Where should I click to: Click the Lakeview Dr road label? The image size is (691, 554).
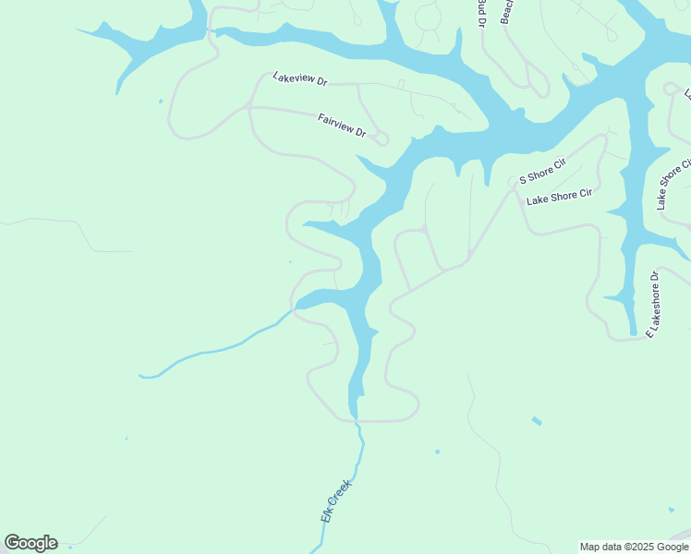(300, 79)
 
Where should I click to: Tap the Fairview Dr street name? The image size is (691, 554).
(342, 126)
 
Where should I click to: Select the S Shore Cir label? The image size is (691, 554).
(542, 170)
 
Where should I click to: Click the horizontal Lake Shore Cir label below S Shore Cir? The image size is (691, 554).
(558, 197)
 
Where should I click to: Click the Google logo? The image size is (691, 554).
(30, 543)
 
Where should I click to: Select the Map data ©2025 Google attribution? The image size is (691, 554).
(633, 547)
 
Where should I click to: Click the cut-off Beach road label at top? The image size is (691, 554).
(506, 12)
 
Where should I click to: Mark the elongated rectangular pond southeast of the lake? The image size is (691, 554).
(538, 421)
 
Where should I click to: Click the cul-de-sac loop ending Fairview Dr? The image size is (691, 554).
(382, 139)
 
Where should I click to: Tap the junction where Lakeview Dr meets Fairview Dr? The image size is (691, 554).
(249, 106)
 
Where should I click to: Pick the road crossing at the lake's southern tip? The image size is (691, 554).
(356, 421)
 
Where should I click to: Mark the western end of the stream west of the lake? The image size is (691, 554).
(142, 376)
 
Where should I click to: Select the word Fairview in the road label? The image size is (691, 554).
(333, 122)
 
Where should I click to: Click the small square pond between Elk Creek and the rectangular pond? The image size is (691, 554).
(437, 452)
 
